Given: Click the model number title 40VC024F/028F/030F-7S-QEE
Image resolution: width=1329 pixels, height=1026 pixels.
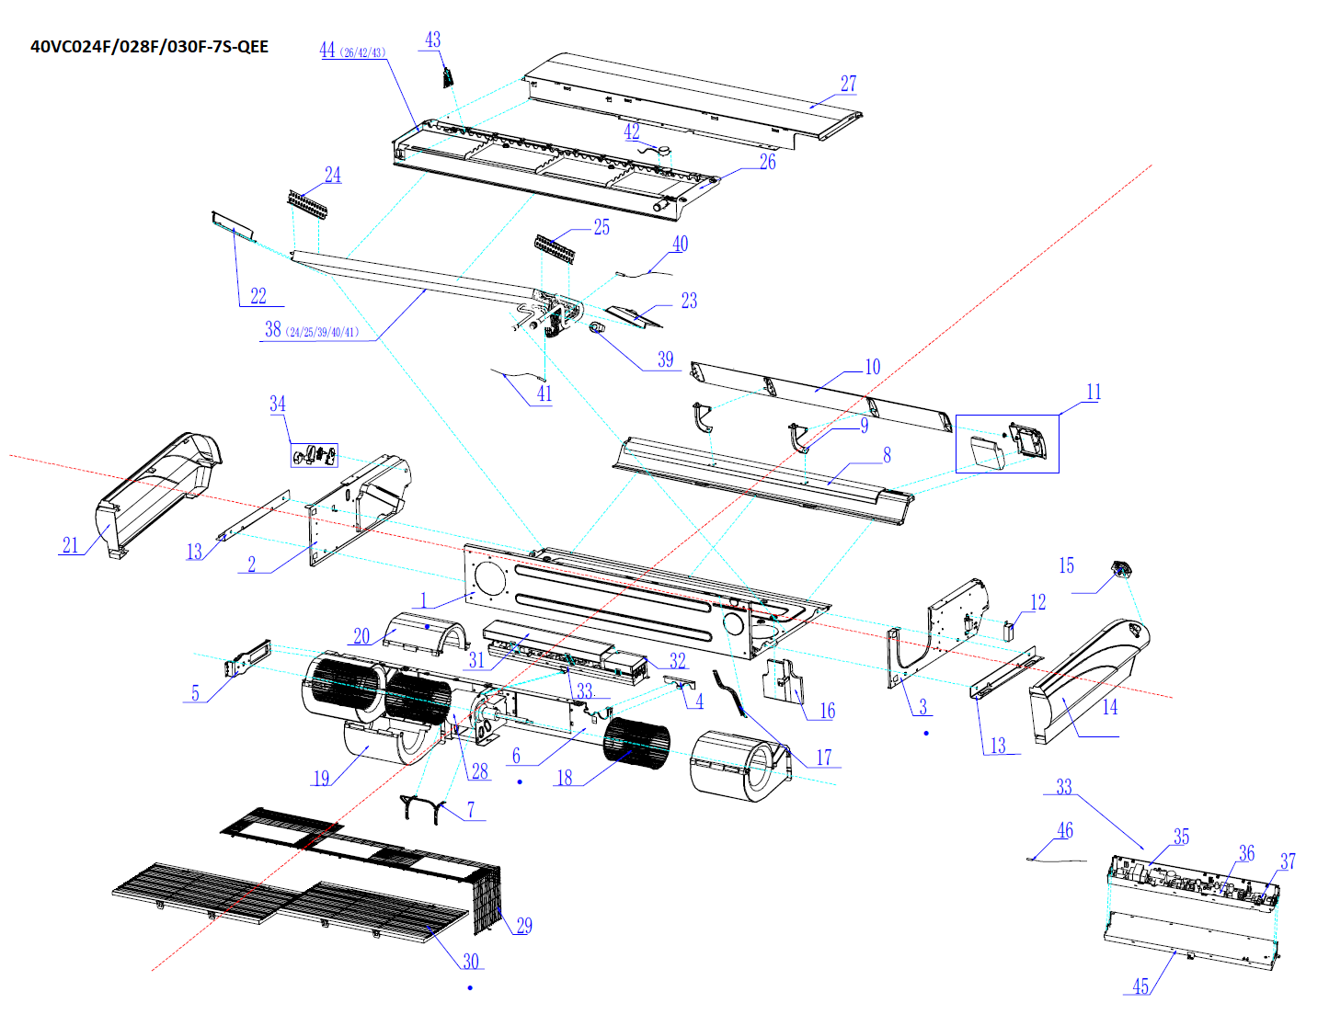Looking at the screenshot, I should click(149, 47).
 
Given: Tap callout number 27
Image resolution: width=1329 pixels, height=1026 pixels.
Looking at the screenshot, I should click(848, 84).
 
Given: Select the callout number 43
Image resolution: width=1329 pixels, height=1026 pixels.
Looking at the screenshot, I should click(432, 40).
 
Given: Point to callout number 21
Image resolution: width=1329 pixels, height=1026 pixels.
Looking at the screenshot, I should click(71, 545).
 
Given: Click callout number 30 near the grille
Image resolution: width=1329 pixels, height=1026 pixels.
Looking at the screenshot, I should click(471, 961).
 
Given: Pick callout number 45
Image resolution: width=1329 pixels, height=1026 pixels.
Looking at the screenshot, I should click(1140, 986).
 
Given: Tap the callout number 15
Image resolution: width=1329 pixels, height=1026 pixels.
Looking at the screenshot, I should click(1066, 565).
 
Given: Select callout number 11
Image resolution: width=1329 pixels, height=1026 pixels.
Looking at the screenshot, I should click(1093, 393).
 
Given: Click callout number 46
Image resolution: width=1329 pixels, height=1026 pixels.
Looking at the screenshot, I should click(1064, 830).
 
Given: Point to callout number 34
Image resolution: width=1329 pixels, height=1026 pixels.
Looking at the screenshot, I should click(278, 404).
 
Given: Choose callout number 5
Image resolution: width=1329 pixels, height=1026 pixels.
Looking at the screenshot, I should click(195, 693).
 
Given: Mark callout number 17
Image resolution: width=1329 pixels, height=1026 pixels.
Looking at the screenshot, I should click(824, 757).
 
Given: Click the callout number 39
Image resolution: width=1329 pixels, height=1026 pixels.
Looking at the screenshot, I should click(665, 359).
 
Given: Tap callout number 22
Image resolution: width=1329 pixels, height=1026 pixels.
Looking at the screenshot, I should click(258, 295).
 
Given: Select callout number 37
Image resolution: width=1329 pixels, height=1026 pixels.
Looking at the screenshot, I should click(1288, 861).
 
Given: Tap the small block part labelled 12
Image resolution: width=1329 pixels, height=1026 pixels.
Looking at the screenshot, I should click(1007, 631).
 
